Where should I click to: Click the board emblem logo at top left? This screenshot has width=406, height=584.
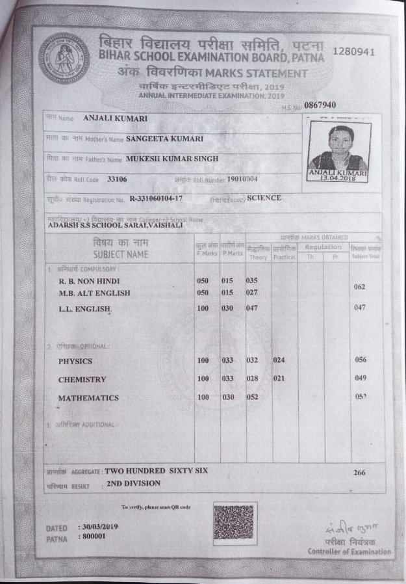[x=64, y=59]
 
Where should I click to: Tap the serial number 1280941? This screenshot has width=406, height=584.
[x=353, y=51]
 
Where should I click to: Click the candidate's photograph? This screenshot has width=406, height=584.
[x=338, y=148]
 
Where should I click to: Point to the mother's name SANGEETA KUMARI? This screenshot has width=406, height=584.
[x=164, y=139]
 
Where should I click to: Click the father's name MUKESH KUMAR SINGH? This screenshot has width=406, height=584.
[x=172, y=159]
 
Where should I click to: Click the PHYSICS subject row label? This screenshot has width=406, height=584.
[x=75, y=361]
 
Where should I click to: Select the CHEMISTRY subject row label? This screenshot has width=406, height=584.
[x=82, y=379]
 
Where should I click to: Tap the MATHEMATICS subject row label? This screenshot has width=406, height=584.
[x=88, y=397]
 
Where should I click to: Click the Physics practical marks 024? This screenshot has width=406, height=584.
[x=279, y=360]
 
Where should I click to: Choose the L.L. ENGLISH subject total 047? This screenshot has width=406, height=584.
[x=360, y=308]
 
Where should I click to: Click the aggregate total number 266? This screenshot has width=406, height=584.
[x=360, y=472]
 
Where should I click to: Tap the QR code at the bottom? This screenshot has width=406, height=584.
[x=235, y=523]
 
